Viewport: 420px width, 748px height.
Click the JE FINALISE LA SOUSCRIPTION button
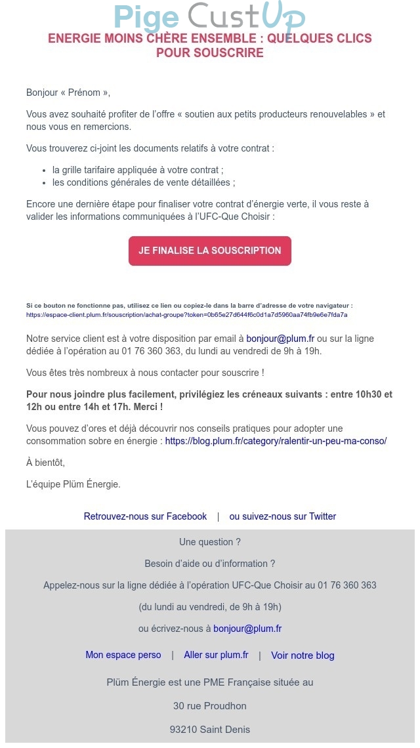pyautogui.click(x=210, y=251)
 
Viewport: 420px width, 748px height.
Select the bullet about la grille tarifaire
pyautogui.click(x=138, y=170)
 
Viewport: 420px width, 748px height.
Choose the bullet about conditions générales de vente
pyautogui.click(x=144, y=182)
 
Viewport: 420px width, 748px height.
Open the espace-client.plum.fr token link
pyautogui.click(x=186, y=315)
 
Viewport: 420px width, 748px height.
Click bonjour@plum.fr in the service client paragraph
pyautogui.click(x=280, y=339)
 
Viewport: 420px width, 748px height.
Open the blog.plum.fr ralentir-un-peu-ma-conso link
pyautogui.click(x=276, y=441)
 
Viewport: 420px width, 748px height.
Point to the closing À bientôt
pyautogui.click(x=45, y=463)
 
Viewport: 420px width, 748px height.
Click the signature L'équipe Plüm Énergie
pyautogui.click(x=73, y=484)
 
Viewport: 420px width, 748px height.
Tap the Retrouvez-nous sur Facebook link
pyautogui.click(x=145, y=516)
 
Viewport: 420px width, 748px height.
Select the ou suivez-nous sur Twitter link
pyautogui.click(x=282, y=516)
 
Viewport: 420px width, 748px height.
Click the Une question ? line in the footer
pyautogui.click(x=210, y=542)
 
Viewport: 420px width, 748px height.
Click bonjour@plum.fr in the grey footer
pyautogui.click(x=247, y=629)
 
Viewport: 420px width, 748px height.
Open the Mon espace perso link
pyautogui.click(x=123, y=655)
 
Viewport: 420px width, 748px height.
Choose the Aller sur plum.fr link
pyautogui.click(x=216, y=655)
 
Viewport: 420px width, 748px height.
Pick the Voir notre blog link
pyautogui.click(x=303, y=655)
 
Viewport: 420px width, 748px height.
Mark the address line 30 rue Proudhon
pyautogui.click(x=210, y=706)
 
